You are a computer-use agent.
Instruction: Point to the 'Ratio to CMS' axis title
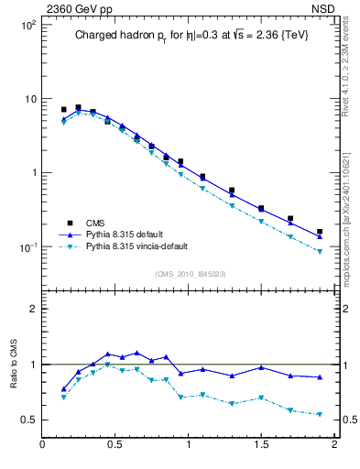[15, 361]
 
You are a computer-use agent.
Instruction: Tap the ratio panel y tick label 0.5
[28, 420]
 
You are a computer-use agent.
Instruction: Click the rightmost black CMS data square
[320, 232]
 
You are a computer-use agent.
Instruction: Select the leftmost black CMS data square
[63, 109]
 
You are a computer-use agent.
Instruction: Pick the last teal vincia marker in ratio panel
[320, 414]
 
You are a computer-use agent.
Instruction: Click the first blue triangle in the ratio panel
[63, 389]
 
